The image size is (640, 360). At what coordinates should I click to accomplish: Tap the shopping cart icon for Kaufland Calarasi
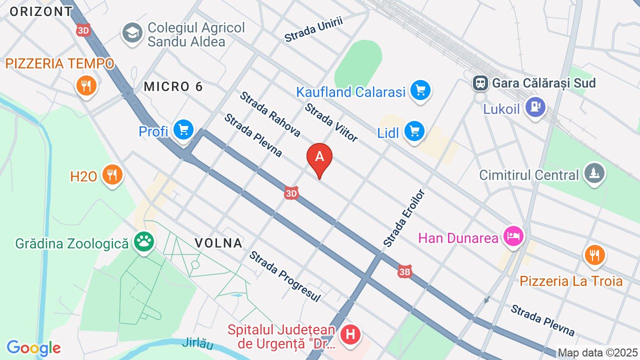pos(420,91)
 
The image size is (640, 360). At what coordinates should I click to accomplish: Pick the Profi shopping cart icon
pos(183,130)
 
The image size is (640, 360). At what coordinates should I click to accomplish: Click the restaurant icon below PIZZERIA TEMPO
pos(86,85)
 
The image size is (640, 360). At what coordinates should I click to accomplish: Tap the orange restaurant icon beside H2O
pos(112,175)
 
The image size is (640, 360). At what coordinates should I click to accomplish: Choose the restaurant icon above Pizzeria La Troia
pos(594,256)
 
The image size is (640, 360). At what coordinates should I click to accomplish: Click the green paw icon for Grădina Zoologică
pos(144,243)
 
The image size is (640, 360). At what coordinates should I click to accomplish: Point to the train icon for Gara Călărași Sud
pos(480,82)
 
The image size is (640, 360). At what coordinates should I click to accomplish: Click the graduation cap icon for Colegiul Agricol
pos(132,33)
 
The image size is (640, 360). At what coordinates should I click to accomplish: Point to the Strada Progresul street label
pos(284,276)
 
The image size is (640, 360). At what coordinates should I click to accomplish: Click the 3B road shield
pos(404,272)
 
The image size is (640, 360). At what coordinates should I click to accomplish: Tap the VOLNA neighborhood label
pos(218,243)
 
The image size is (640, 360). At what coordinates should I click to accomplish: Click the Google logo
pos(33,348)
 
